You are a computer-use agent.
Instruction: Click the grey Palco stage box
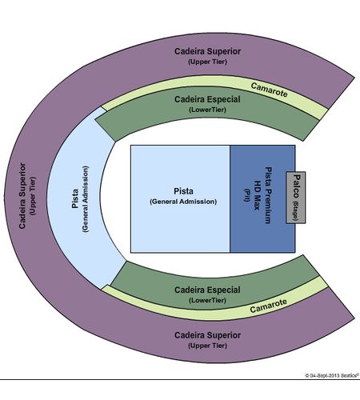pos(296,198)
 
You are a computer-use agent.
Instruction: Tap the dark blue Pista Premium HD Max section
pos(262,198)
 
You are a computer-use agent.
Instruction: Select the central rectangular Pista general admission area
pos(180,198)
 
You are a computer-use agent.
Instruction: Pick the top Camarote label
pos(269,90)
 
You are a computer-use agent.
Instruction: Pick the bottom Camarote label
pos(269,306)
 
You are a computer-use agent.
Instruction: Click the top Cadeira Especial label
pos(207,99)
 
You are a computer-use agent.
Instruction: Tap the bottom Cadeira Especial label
pos(207,290)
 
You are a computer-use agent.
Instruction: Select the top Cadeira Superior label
pos(207,51)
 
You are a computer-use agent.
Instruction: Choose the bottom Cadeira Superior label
pos(207,335)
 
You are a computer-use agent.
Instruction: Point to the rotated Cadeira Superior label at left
pos(22,196)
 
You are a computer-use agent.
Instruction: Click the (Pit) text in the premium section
pos(247,195)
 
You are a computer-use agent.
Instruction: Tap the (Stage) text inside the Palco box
pos(295,210)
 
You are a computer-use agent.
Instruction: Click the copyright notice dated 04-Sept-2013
pos(332,375)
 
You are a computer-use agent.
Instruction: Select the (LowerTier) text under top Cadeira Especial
pos(207,110)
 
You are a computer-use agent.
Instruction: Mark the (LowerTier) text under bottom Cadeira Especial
pos(207,300)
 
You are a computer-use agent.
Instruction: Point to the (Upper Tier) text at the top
pos(207,62)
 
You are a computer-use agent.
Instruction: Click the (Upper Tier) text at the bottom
pos(207,346)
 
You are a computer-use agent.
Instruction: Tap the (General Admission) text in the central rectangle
pos(183,202)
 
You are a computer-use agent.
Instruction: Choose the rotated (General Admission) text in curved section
pos(86,199)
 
